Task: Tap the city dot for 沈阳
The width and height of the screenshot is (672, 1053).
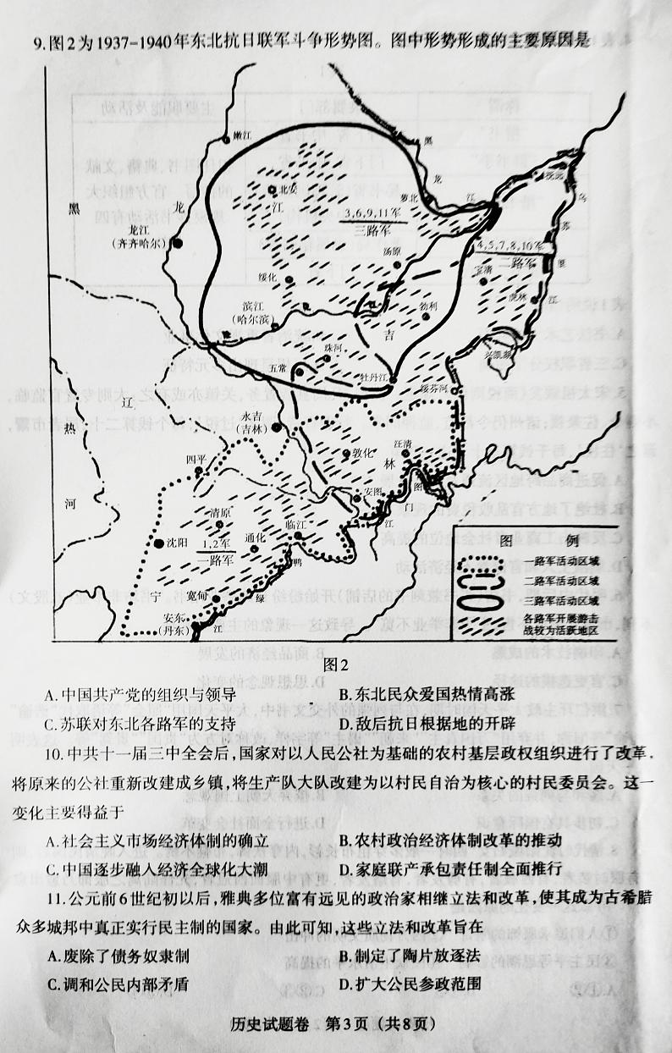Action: [158, 543]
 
